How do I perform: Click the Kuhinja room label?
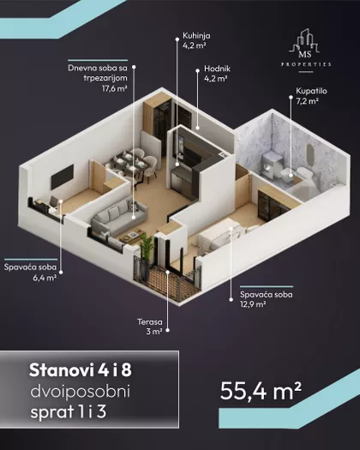(x=196, y=36)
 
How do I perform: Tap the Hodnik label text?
(x=218, y=69)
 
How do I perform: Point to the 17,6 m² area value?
(x=115, y=88)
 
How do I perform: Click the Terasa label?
(x=149, y=322)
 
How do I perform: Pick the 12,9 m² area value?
(x=253, y=304)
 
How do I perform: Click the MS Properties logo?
(x=306, y=50)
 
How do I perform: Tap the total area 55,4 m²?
(x=261, y=391)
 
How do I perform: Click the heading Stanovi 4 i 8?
(x=81, y=370)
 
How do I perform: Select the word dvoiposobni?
(x=80, y=391)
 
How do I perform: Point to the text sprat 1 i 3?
(x=69, y=411)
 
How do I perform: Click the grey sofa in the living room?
(x=119, y=216)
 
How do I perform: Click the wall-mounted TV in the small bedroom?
(x=62, y=177)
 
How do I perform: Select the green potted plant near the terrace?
(x=147, y=247)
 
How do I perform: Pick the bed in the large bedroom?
(x=221, y=235)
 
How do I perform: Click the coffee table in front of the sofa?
(x=132, y=235)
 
